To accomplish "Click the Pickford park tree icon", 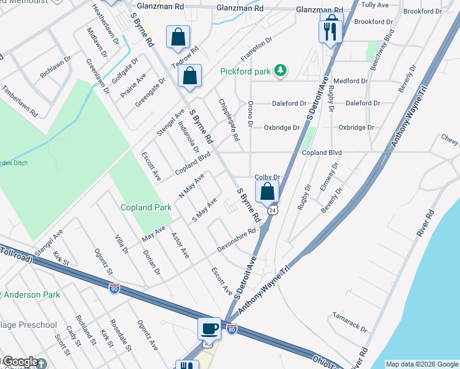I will [281, 71].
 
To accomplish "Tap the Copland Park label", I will [146, 208].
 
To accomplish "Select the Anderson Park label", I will [34, 295].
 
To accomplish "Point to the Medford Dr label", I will [351, 81].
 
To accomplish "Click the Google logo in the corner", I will [20, 362].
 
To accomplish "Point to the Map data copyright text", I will [421, 364].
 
